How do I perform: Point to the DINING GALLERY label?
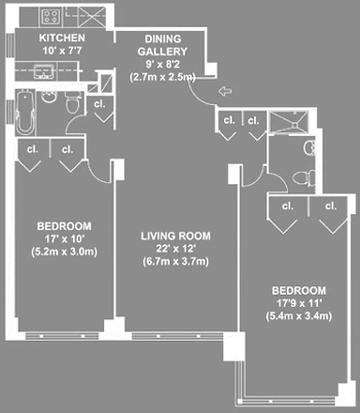click(x=163, y=45)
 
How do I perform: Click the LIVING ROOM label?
click(x=176, y=236)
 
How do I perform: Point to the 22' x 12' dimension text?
click(x=176, y=249)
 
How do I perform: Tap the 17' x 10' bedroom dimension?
click(x=64, y=239)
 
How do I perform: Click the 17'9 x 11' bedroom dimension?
click(x=299, y=303)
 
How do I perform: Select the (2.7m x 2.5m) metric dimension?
click(x=163, y=77)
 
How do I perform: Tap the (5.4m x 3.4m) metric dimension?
click(x=299, y=315)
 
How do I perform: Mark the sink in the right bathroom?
click(x=309, y=149)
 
